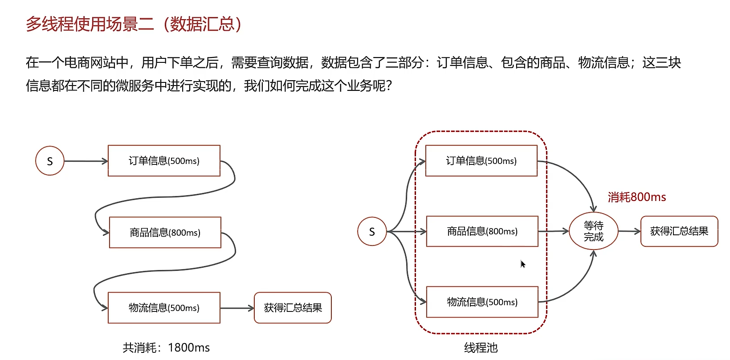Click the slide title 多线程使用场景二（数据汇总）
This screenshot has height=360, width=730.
(134, 24)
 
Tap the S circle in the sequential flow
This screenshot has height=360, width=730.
(50, 161)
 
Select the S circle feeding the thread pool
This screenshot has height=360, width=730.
(372, 232)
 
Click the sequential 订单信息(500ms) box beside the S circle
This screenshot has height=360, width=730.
(164, 161)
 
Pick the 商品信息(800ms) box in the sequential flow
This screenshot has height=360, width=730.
(165, 233)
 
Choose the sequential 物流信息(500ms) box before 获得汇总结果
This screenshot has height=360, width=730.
(164, 308)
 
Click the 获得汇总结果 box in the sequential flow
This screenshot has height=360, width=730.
(293, 308)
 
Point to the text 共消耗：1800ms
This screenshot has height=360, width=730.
(166, 348)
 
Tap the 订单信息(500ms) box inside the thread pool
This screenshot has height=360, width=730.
(481, 161)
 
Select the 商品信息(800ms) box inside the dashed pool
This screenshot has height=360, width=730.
(482, 231)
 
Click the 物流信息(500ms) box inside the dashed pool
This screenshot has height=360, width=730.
(482, 302)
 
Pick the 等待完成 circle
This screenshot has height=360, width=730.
(593, 231)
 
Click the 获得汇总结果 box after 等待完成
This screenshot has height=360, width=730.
(679, 231)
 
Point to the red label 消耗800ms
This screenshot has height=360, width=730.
(636, 197)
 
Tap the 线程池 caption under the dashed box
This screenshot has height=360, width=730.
(481, 348)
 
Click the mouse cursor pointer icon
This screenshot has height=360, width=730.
(523, 264)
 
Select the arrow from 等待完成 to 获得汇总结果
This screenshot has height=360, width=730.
(629, 231)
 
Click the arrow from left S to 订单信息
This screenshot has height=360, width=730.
(86, 161)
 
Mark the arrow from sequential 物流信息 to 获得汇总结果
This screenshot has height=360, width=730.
(237, 308)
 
